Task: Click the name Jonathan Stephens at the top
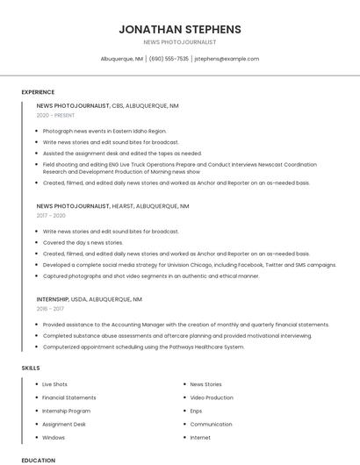179,29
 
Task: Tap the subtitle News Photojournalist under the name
179,42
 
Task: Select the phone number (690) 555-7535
169,59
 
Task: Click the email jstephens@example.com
227,59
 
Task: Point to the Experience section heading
38,92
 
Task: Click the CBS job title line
107,105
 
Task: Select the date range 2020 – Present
55,115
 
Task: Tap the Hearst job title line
112,206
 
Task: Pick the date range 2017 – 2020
51,215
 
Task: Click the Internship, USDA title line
89,299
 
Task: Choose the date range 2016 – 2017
50,308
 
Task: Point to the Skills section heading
31,368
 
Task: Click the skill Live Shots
54,384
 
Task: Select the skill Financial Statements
69,397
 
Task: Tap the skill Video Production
212,397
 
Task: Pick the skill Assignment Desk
64,424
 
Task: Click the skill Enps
196,411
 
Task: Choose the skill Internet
200,437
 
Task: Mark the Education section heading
38,460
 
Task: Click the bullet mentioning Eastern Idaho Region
104,131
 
